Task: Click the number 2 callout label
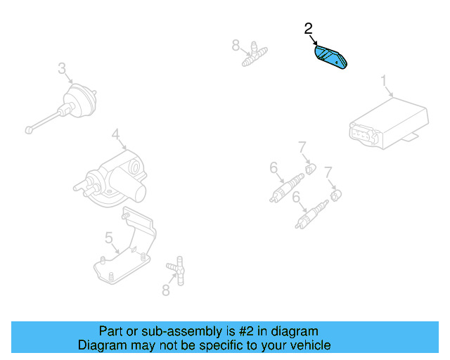click(x=308, y=29)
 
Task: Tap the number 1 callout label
click(x=385, y=81)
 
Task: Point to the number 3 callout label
click(x=62, y=68)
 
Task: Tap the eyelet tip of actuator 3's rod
click(x=28, y=129)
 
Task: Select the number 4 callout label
click(x=115, y=133)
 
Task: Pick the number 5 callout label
click(x=109, y=238)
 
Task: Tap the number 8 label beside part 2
click(x=236, y=46)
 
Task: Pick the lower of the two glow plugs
click(x=311, y=214)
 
